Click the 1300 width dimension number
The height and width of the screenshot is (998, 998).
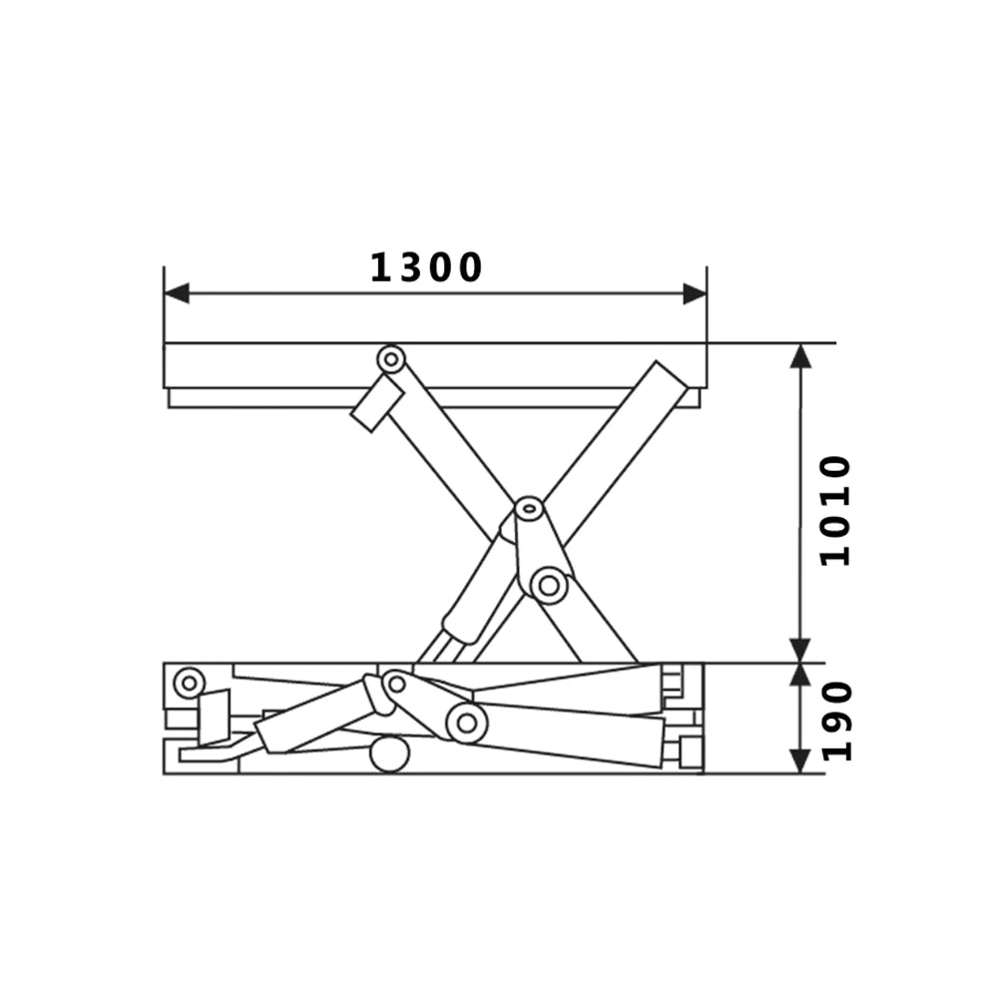pyautogui.click(x=427, y=267)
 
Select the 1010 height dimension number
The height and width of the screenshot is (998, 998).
pyautogui.click(x=834, y=511)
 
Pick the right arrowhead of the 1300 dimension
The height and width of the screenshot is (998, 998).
pyautogui.click(x=695, y=293)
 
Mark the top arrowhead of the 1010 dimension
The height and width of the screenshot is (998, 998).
pyautogui.click(x=799, y=355)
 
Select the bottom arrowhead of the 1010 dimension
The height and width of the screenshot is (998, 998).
pyautogui.click(x=799, y=650)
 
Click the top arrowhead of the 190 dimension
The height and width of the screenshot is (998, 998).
pyautogui.click(x=799, y=674)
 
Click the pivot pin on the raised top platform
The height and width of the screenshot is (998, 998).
pyautogui.click(x=390, y=358)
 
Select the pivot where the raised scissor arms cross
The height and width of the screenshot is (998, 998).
pyautogui.click(x=529, y=511)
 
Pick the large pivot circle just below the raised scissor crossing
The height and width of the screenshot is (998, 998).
pyautogui.click(x=548, y=585)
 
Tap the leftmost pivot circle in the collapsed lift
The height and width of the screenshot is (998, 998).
pyautogui.click(x=188, y=684)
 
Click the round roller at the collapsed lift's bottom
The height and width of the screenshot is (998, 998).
pyautogui.click(x=389, y=753)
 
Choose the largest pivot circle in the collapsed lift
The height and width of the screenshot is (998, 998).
pyautogui.click(x=465, y=722)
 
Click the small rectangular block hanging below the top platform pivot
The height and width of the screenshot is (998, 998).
pyautogui.click(x=377, y=404)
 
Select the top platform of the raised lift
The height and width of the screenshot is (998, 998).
pyautogui.click(x=434, y=365)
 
